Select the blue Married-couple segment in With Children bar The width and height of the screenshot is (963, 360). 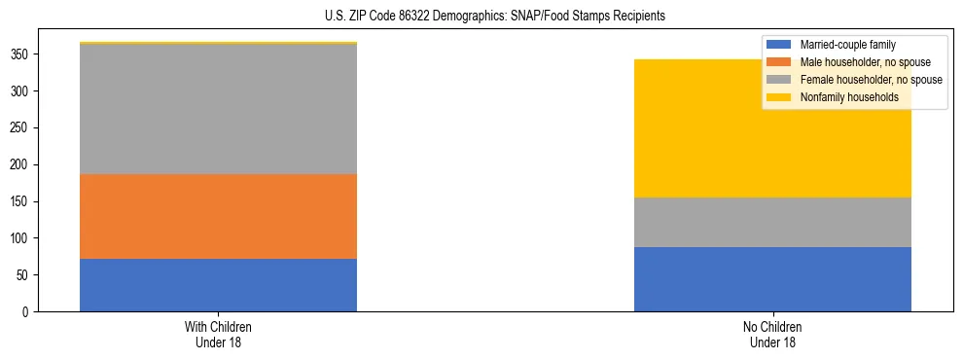(x=218, y=285)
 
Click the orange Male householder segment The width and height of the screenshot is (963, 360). (x=218, y=216)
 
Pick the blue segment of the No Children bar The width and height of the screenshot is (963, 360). (x=772, y=279)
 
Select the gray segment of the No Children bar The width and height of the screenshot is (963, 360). (x=772, y=222)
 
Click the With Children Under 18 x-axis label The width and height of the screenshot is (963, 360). (x=218, y=334)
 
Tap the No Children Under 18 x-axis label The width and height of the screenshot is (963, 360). (x=772, y=334)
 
